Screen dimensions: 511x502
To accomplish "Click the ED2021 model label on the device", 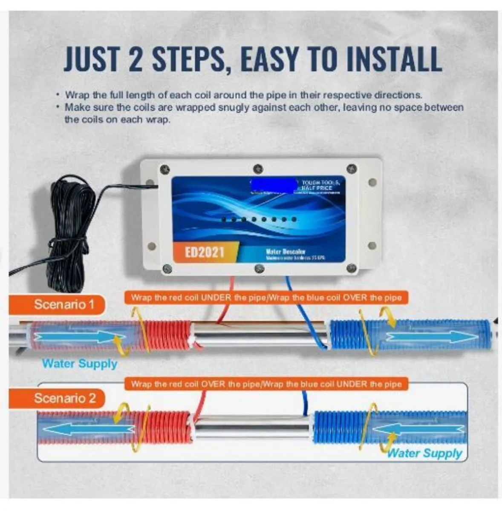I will [x=205, y=252].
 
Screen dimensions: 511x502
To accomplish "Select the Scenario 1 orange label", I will [x=64, y=304].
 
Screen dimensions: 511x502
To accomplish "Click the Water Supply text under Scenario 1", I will [x=80, y=364].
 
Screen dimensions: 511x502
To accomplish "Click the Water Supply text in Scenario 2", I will [x=424, y=453].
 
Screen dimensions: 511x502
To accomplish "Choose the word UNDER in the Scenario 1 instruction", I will [x=216, y=297].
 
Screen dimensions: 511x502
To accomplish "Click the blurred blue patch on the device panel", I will [x=273, y=185].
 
